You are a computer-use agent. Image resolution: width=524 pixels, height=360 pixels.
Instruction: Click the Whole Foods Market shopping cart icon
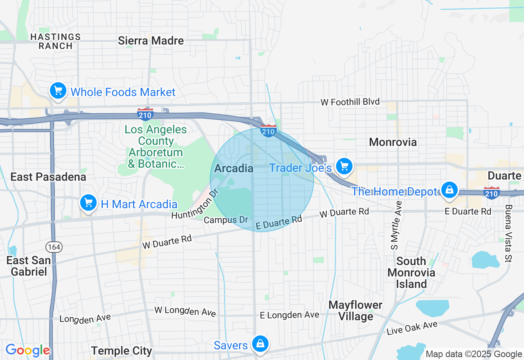click(x=58, y=90)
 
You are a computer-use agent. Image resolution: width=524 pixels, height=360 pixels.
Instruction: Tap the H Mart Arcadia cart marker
click(x=88, y=202)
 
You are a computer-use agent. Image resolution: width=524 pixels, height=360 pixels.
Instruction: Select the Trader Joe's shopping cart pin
click(x=344, y=166)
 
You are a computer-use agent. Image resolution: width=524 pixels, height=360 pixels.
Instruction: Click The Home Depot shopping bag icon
click(x=449, y=190)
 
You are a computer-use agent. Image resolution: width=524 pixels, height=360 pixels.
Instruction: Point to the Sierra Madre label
click(x=151, y=40)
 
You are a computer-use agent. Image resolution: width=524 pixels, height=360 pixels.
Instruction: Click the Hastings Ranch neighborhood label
click(x=56, y=41)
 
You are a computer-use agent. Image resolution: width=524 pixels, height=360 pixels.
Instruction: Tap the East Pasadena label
click(x=48, y=177)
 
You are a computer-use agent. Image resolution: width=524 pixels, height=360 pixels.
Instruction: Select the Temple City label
click(x=122, y=351)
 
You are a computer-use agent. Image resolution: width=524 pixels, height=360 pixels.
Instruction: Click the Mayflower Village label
click(x=355, y=310)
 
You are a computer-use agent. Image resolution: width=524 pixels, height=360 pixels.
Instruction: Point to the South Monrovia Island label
click(x=411, y=272)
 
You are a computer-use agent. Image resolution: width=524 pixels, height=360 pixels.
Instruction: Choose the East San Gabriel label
click(x=29, y=266)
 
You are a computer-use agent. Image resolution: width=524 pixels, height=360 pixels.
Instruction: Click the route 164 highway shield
click(x=54, y=247)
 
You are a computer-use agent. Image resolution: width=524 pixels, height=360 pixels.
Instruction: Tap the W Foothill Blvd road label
click(x=350, y=101)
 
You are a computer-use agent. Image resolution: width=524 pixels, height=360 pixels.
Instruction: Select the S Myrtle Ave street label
click(x=396, y=225)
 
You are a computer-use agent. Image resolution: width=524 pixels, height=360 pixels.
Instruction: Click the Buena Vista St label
click(x=508, y=233)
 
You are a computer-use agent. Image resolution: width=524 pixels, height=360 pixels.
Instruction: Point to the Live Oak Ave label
click(x=412, y=328)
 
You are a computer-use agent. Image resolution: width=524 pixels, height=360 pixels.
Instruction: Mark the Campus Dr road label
click(x=226, y=220)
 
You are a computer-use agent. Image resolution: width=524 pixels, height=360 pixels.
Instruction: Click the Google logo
click(x=27, y=350)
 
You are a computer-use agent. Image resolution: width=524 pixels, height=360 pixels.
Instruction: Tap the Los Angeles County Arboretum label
click(x=156, y=147)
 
